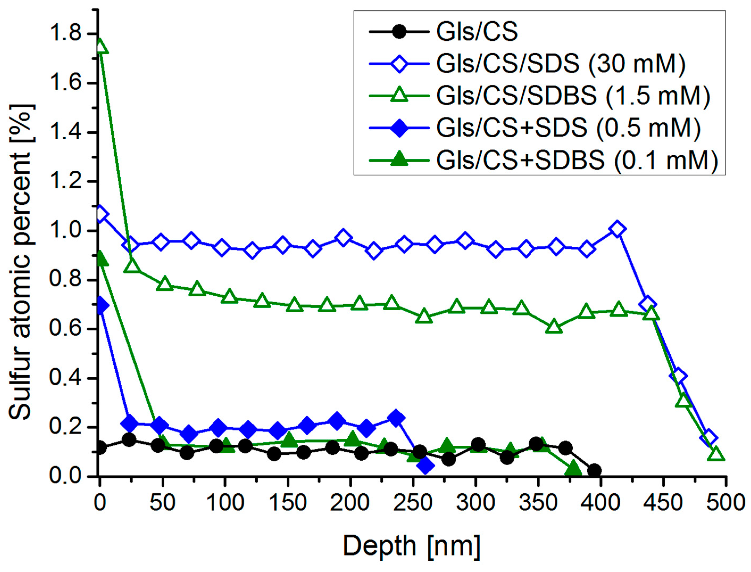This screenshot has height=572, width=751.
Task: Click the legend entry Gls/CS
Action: (477, 32)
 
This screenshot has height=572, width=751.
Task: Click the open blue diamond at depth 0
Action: (100, 214)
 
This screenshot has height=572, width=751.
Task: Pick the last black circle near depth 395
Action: (594, 470)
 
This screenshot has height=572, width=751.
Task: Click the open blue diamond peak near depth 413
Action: (617, 229)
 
